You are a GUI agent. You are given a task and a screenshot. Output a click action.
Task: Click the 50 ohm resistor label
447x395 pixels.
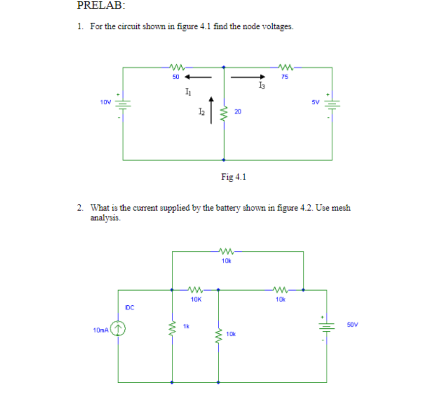click(x=175, y=76)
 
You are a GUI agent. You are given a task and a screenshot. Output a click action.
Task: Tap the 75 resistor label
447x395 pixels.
click(x=285, y=76)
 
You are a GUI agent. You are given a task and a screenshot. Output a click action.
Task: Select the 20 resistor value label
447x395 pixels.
click(x=237, y=112)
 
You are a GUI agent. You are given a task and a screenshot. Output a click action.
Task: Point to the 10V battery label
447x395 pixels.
click(x=105, y=103)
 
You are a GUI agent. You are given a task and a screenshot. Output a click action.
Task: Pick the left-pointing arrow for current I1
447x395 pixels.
click(x=198, y=76)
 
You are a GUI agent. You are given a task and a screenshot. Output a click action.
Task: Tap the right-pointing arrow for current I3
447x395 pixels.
click(x=248, y=76)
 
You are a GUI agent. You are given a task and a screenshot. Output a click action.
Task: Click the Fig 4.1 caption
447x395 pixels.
click(x=233, y=177)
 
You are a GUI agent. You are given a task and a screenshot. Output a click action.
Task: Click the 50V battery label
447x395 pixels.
click(x=352, y=324)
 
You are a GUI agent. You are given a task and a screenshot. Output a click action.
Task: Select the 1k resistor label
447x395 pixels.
click(x=186, y=325)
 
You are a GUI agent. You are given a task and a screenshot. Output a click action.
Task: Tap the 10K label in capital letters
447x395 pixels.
click(x=195, y=299)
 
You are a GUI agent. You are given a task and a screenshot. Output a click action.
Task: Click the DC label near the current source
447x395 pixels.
click(x=129, y=308)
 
